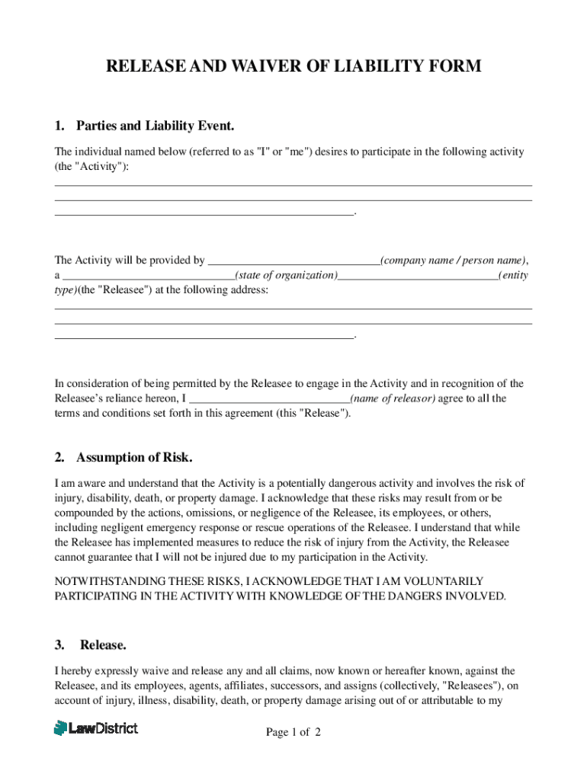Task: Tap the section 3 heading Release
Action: pos(103,644)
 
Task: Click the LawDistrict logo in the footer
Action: pos(96,727)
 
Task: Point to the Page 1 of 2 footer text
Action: pos(293,732)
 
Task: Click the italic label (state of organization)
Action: pos(287,275)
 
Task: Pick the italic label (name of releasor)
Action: pos(393,398)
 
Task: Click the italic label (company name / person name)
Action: pos(454,260)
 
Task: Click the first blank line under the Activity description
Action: pos(293,184)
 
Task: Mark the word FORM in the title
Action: pos(455,66)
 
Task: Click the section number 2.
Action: pos(59,457)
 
